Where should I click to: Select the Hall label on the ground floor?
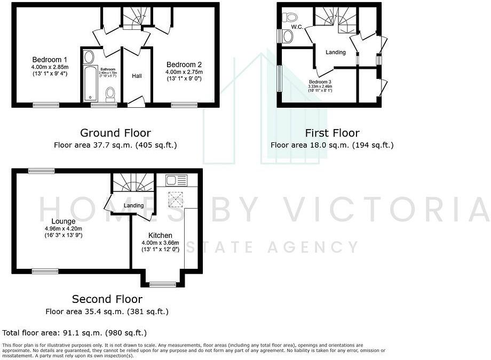click(x=137, y=76)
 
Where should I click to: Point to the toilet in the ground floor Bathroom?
click(x=110, y=94)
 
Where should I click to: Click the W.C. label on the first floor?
click(x=297, y=27)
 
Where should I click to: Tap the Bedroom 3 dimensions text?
click(x=320, y=88)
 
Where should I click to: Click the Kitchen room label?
click(x=160, y=235)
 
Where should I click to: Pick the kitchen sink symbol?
click(x=175, y=180)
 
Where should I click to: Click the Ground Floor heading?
click(x=115, y=133)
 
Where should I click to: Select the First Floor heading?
click(x=332, y=133)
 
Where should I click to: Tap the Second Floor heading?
click(x=107, y=299)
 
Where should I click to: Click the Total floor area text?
click(x=75, y=333)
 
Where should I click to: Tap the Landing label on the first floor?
click(x=336, y=52)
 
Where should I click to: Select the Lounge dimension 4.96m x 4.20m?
click(x=63, y=228)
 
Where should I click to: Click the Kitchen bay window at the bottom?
click(x=163, y=284)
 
